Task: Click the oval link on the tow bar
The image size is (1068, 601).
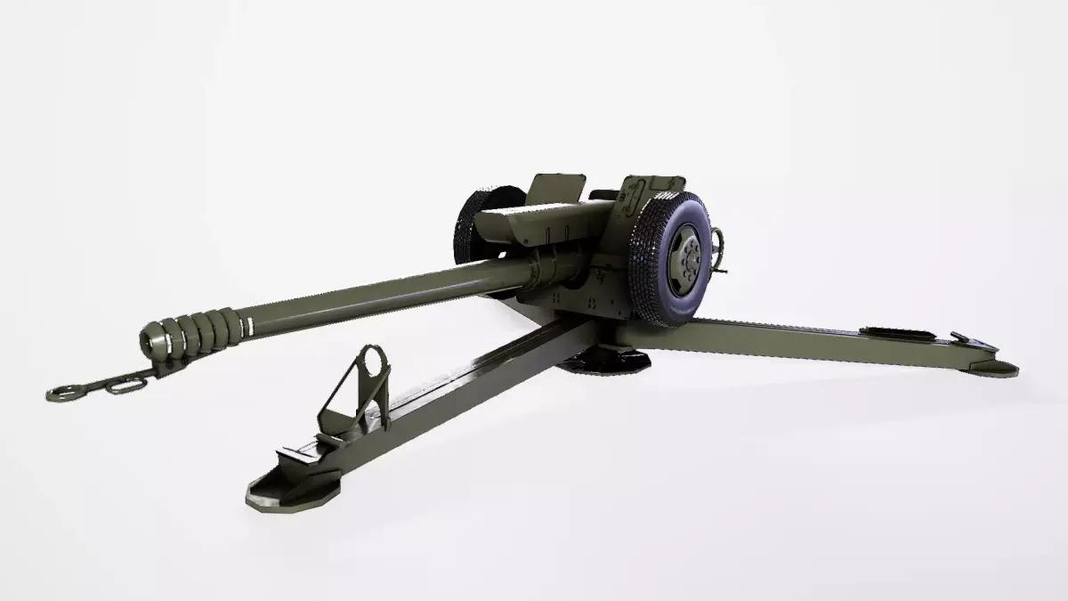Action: click(125, 385)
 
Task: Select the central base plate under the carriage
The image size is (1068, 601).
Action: click(605, 360)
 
